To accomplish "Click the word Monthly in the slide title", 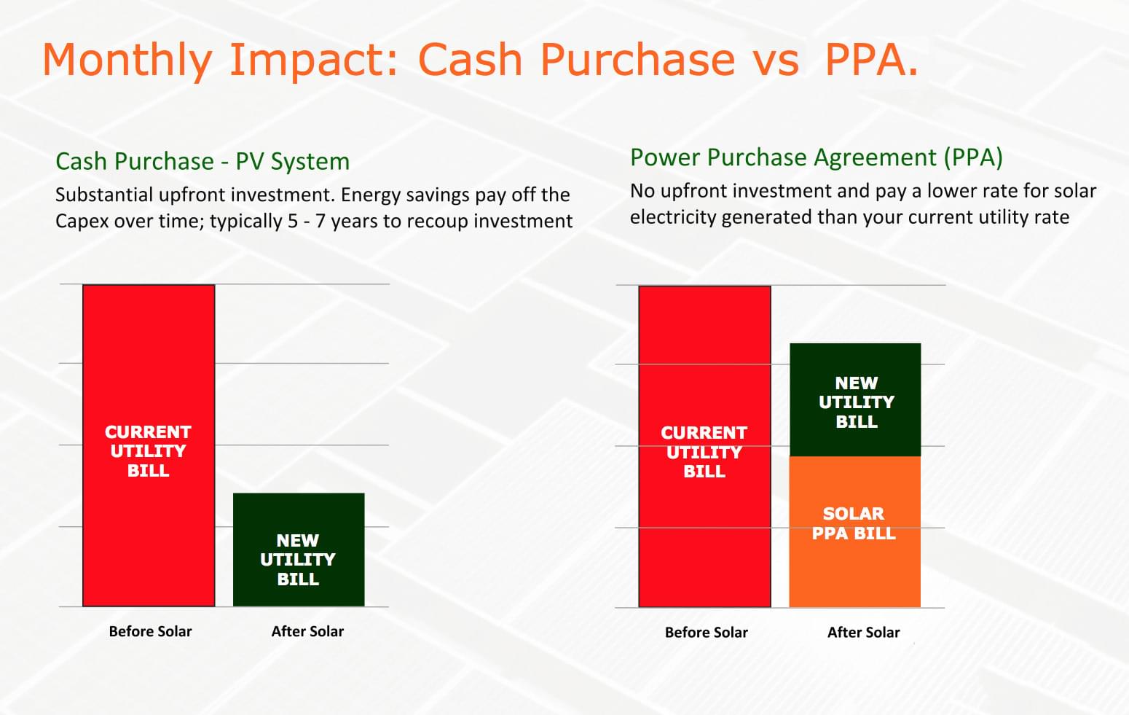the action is pyautogui.click(x=127, y=60).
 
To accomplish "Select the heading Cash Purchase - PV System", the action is pyautogui.click(x=202, y=162).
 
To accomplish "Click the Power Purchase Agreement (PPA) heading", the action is pyautogui.click(x=816, y=158).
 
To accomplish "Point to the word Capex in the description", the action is pyautogui.click(x=82, y=222).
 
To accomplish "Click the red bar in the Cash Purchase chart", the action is pyautogui.click(x=149, y=445).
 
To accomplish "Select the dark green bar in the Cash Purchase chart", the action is pyautogui.click(x=299, y=550).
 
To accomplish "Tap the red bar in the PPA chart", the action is pyautogui.click(x=704, y=446).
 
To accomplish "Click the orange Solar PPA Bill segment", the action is pyautogui.click(x=855, y=532).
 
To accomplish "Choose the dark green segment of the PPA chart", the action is pyautogui.click(x=855, y=400).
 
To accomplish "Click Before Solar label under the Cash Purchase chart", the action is pyautogui.click(x=150, y=631).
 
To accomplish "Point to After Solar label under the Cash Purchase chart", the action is pyautogui.click(x=307, y=631).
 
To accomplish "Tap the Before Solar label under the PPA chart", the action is pyautogui.click(x=706, y=633).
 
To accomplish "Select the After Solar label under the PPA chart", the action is pyautogui.click(x=863, y=633).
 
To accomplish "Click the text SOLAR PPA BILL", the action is pyautogui.click(x=854, y=523).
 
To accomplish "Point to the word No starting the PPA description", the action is pyautogui.click(x=642, y=191).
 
